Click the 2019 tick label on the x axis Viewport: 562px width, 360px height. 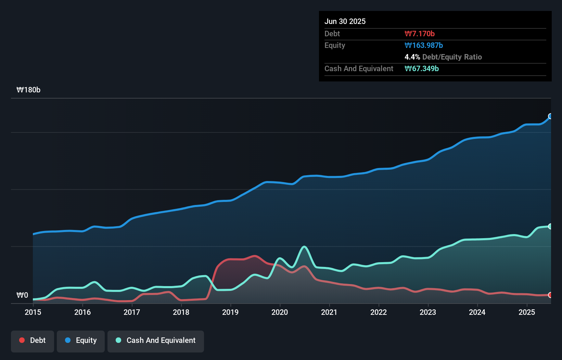(x=230, y=312)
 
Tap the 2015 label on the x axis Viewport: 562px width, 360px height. (x=33, y=312)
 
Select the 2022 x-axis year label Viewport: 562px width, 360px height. (x=379, y=312)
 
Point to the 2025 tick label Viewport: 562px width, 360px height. (x=527, y=312)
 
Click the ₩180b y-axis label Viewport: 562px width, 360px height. (x=28, y=90)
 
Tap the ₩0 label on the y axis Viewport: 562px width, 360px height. (x=22, y=295)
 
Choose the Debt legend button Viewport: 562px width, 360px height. (x=33, y=340)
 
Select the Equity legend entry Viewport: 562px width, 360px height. (x=81, y=340)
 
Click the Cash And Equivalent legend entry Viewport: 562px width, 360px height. (x=156, y=340)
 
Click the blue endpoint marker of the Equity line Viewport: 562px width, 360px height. (x=550, y=116)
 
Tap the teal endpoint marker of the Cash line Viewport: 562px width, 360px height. (x=550, y=226)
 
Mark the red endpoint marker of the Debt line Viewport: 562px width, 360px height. (x=550, y=295)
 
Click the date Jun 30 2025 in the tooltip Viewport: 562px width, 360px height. (x=345, y=21)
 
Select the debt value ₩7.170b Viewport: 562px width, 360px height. (x=420, y=34)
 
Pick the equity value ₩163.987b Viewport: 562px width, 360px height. (x=424, y=45)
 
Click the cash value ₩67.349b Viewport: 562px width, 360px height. (x=422, y=68)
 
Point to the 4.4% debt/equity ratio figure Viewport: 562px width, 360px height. (x=412, y=57)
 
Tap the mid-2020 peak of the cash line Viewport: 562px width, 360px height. (x=304, y=247)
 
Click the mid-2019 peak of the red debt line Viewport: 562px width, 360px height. (x=255, y=256)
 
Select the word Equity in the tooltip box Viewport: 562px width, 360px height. (x=335, y=45)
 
